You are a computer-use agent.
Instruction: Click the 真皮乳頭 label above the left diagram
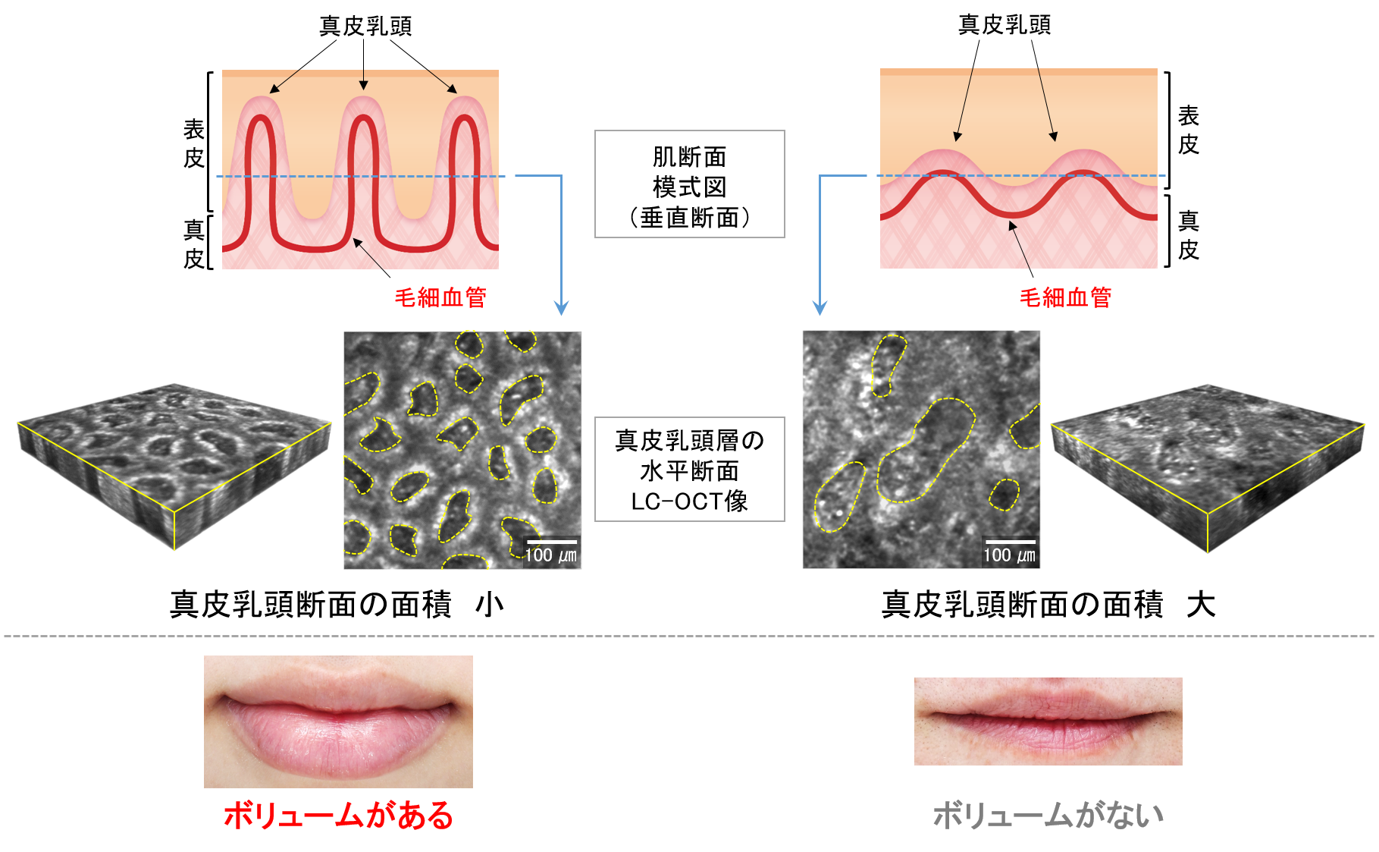click(x=365, y=26)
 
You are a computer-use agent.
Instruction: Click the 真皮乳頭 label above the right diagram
click(x=1004, y=25)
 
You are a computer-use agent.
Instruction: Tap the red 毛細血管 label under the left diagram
click(x=440, y=297)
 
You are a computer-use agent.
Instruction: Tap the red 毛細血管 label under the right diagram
click(x=1065, y=297)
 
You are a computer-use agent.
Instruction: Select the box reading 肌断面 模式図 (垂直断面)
click(x=689, y=184)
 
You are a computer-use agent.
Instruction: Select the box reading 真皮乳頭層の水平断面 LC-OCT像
click(x=689, y=470)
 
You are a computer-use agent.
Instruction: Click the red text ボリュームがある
click(x=338, y=816)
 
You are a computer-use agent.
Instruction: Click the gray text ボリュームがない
click(x=1048, y=816)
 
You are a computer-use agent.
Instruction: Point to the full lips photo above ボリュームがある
click(x=338, y=722)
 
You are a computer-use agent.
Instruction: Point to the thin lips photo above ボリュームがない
click(x=1048, y=721)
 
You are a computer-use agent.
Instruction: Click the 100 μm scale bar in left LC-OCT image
click(x=552, y=542)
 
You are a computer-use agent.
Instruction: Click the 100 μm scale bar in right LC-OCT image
click(x=1009, y=542)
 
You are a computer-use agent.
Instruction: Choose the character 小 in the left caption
click(x=489, y=605)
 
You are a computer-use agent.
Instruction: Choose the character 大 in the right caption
click(x=1201, y=605)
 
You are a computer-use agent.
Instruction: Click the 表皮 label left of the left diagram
click(x=194, y=143)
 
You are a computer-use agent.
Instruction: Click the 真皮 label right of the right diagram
click(x=1188, y=235)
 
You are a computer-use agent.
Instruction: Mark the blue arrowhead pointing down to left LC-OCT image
click(x=561, y=308)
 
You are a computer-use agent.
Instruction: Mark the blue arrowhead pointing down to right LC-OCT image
click(x=820, y=308)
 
